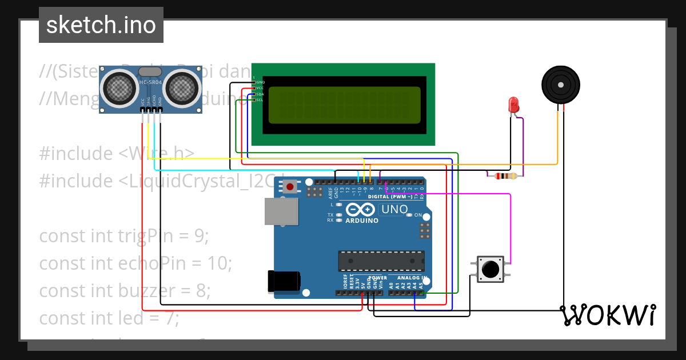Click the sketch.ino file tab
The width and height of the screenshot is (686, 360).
101,25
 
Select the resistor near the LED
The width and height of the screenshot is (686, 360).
505,176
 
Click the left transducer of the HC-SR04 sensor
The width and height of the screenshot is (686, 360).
120,87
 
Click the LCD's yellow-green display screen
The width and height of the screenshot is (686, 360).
344,105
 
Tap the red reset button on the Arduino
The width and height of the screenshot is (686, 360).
290,186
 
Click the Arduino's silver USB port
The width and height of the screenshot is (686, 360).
281,211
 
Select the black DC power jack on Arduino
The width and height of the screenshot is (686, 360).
284,281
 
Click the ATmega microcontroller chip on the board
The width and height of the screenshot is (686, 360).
381,261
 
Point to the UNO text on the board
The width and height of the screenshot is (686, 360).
394,209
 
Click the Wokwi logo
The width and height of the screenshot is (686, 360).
608,315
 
